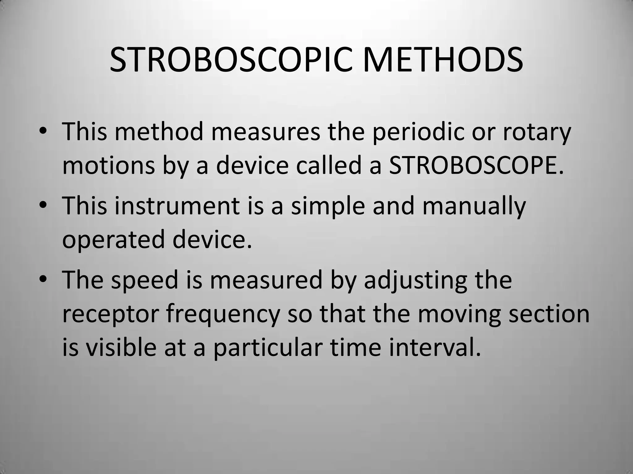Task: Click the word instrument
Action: (x=177, y=206)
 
